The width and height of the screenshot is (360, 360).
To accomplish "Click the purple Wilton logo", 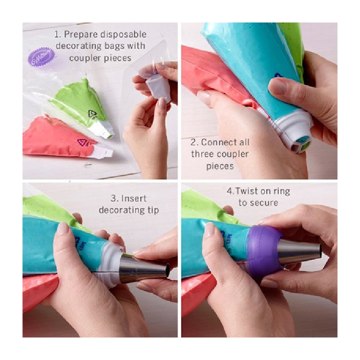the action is [41, 57].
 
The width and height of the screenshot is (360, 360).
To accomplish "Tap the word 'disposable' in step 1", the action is [123, 35].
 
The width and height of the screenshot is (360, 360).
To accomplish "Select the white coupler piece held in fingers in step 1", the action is [159, 88].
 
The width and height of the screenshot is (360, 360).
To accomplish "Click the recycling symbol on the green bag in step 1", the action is [93, 115].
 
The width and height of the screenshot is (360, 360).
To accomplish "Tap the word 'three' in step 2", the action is [202, 154].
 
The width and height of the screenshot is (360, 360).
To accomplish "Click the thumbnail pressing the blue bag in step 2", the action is [277, 86].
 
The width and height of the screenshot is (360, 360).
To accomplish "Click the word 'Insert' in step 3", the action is [134, 198].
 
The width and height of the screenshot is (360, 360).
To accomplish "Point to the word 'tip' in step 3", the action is [152, 210].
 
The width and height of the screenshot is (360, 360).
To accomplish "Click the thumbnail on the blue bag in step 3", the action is [63, 229].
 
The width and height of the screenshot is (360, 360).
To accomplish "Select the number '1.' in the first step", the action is [58, 35].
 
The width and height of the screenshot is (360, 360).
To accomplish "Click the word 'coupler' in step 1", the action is [84, 58].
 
